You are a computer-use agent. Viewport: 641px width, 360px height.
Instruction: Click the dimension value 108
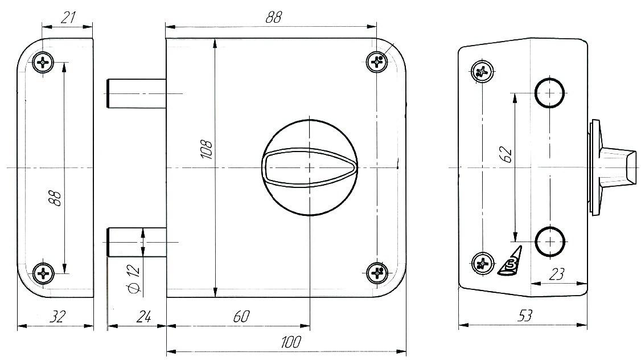coord(207,150)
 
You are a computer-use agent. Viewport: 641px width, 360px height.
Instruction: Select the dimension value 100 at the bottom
coord(291,342)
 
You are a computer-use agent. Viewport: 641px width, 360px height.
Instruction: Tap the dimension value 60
coord(241,316)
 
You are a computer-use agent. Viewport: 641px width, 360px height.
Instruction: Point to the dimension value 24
coord(143,316)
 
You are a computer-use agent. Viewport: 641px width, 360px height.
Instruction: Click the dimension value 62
coord(506,154)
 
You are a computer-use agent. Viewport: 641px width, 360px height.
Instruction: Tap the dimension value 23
coord(556,273)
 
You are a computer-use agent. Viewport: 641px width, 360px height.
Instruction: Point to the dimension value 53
coord(525,316)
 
